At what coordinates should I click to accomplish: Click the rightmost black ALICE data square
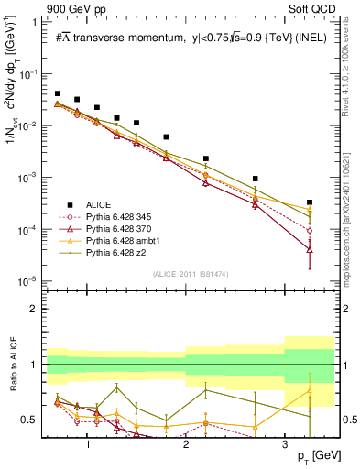tap(310, 202)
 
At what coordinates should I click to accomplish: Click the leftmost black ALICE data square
tap(58, 93)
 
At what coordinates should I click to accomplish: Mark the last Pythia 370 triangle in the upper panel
tap(310, 249)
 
